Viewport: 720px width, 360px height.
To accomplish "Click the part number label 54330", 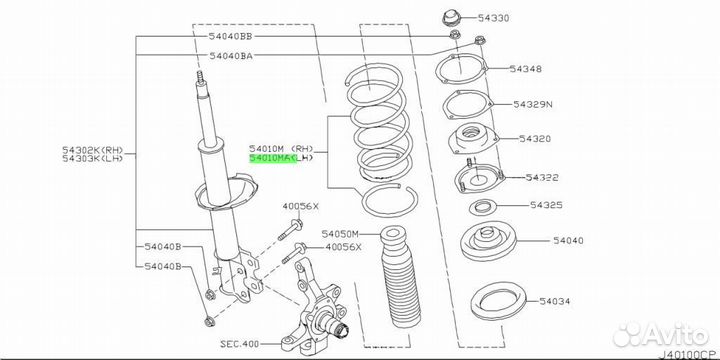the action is pos(494,18).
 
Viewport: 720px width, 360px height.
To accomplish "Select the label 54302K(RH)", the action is pos(93,150).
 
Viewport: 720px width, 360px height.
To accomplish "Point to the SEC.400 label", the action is pos(239,343).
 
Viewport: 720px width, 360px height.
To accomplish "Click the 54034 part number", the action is pos(555,301).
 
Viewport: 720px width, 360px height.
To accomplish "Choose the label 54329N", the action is pos(533,105).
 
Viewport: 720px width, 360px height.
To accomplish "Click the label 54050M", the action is pos(340,234).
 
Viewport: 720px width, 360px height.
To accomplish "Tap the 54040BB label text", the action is pos(231,36).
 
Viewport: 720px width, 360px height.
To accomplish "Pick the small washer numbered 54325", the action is pos(480,208).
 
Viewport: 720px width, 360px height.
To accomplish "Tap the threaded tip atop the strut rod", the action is pos(200,77).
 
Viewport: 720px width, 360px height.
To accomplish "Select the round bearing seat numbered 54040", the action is pos(489,242).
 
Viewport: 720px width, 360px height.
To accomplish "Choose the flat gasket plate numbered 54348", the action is pos(461,69).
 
